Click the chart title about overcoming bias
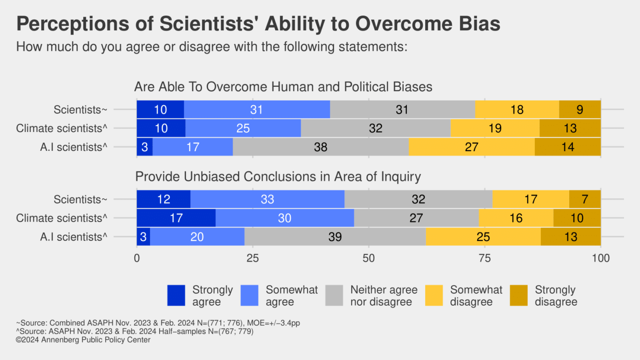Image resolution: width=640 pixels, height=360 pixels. tap(258, 24)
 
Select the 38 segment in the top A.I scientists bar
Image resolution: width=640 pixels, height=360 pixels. tap(320, 147)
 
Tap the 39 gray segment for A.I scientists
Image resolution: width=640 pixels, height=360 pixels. tap(335, 237)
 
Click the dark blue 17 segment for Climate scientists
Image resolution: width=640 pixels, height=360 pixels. tap(176, 218)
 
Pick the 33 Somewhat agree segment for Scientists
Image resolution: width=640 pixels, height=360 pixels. tap(267, 199)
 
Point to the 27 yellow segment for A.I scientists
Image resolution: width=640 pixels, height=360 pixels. tap(471, 147)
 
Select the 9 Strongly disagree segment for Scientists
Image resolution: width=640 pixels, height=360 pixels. tap(580, 110)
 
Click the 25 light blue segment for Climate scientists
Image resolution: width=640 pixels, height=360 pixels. tap(243, 128)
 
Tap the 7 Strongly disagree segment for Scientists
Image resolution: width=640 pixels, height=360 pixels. tap(585, 199)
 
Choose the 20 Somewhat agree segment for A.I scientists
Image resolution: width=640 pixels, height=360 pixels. tap(197, 237)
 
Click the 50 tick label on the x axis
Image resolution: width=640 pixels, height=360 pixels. tap(368, 259)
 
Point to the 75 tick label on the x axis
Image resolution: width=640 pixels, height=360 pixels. tap(485, 259)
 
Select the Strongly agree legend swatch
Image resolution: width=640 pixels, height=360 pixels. tap(176, 296)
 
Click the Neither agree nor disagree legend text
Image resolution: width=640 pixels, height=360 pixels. tap(384, 296)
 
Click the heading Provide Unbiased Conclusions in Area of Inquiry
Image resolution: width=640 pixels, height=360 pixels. tap(277, 177)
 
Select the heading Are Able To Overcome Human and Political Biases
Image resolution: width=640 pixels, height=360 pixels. tap(283, 87)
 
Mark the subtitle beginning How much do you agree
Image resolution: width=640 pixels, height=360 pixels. tap(212, 47)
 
